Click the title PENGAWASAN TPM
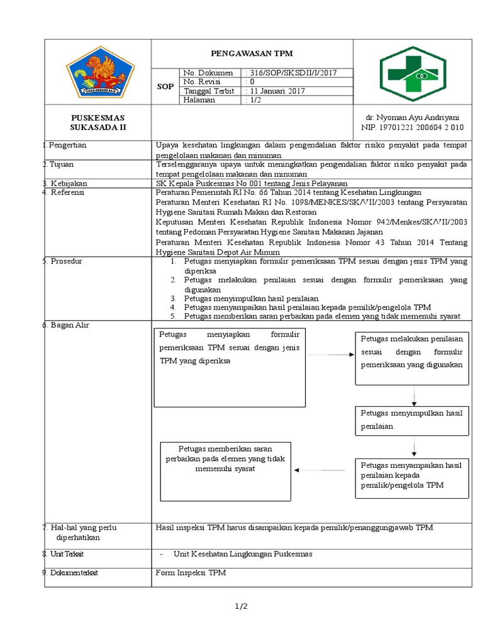252,53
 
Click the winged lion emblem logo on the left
100,72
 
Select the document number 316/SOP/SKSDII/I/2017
292,72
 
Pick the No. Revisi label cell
201,82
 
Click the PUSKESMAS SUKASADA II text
97,123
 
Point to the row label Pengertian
68,145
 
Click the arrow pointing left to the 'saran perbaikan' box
321,470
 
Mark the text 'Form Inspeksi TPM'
191,572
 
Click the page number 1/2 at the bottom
241,606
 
